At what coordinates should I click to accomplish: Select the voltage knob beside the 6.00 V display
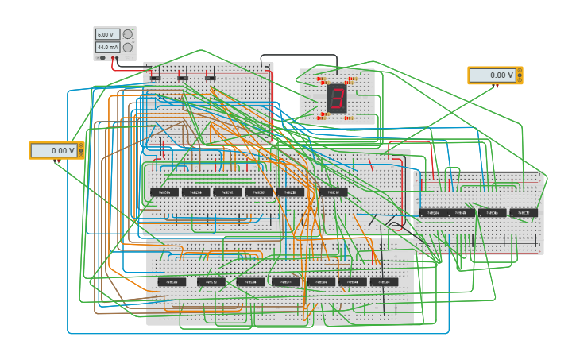click(128, 34)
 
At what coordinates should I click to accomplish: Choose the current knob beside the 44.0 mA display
click(128, 48)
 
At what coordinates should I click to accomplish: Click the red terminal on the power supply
click(116, 58)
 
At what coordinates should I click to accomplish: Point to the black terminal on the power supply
click(102, 58)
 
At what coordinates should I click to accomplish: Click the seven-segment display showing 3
click(337, 99)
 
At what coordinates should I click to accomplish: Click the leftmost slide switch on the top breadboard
click(155, 77)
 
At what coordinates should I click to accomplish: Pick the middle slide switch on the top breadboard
click(183, 77)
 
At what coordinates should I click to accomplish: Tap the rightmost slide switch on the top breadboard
click(210, 77)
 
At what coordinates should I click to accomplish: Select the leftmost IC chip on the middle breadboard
click(164, 192)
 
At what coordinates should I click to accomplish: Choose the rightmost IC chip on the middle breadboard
click(333, 192)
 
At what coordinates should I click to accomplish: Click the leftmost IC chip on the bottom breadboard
click(172, 282)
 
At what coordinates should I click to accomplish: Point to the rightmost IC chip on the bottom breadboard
click(384, 282)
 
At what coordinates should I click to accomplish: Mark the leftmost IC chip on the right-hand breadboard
click(433, 213)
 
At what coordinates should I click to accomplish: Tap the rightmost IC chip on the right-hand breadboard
click(523, 213)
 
